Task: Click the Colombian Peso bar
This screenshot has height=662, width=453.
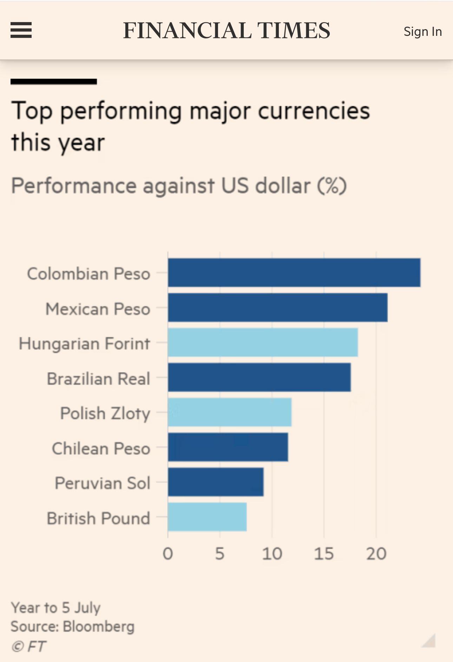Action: point(294,273)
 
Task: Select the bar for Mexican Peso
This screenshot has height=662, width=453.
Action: point(277,307)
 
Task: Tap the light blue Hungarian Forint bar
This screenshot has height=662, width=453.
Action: point(263,342)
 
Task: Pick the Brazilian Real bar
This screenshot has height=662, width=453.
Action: point(259,377)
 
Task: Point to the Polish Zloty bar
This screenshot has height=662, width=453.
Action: point(230,412)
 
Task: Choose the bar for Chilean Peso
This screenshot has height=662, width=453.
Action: point(228,447)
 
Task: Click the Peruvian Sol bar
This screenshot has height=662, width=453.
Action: point(216,482)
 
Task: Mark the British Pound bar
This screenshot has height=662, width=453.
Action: point(207,517)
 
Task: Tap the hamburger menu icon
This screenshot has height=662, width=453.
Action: point(21,30)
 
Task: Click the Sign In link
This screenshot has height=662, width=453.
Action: point(422,32)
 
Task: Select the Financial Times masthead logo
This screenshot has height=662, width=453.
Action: point(226,31)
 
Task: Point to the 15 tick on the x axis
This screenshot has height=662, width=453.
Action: point(323,554)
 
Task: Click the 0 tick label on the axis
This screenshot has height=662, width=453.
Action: point(168,554)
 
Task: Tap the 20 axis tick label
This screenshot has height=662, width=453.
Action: point(376,554)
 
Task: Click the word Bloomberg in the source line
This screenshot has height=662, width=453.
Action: point(99,627)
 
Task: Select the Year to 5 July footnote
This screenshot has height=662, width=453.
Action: point(55,608)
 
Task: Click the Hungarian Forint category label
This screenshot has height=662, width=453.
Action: point(84,344)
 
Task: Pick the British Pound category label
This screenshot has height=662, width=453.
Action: point(98,518)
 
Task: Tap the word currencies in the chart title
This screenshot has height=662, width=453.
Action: point(314,111)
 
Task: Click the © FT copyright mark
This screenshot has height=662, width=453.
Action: point(28,646)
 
